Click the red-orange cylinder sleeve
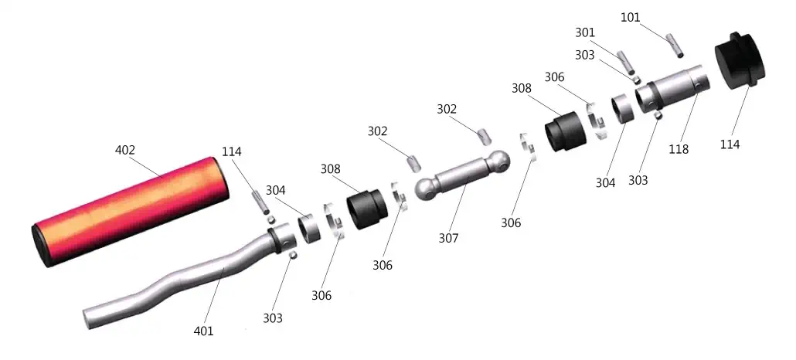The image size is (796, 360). click(x=131, y=212)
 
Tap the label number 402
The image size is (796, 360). click(x=125, y=151)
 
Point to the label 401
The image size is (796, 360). click(x=203, y=331)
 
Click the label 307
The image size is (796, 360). click(x=448, y=238)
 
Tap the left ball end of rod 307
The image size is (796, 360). click(x=427, y=188)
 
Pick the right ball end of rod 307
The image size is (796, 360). click(x=498, y=161)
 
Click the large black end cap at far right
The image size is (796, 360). click(x=739, y=61)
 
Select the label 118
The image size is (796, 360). click(x=679, y=149)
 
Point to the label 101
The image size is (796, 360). click(x=630, y=18)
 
